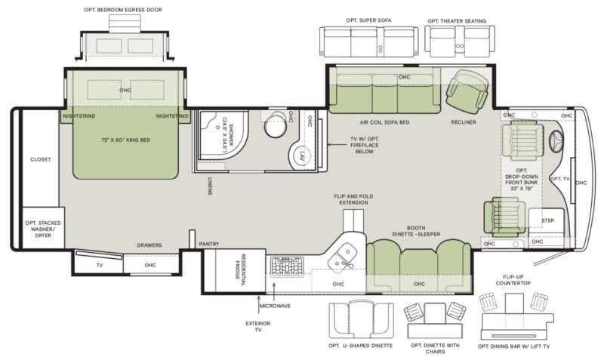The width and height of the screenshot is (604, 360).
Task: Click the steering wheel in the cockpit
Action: tap(556, 141)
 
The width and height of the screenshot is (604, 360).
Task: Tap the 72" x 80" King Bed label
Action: tap(125, 140)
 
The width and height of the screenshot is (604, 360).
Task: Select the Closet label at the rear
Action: tap(41, 159)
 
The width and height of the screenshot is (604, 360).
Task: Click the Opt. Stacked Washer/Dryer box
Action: tap(43, 228)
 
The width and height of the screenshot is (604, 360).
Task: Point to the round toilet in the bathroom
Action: tap(276, 125)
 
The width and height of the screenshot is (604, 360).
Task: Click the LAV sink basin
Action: tap(301, 156)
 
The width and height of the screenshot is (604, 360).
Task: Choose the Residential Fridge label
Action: tap(240, 270)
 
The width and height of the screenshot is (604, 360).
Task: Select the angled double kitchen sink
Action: tap(342, 257)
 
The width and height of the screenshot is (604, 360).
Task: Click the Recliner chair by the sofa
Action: tap(467, 90)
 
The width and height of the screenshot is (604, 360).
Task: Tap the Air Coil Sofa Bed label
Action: tap(384, 122)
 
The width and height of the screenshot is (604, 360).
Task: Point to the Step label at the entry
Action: tap(547, 220)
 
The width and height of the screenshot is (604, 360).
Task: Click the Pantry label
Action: tap(209, 244)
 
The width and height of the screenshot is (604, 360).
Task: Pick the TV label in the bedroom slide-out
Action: tap(100, 265)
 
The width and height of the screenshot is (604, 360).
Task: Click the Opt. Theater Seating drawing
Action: tap(460, 42)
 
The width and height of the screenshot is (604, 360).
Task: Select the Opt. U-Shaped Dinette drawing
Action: tap(361, 320)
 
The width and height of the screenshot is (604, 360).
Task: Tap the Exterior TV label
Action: tap(257, 327)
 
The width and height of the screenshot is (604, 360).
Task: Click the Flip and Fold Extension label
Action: tap(353, 199)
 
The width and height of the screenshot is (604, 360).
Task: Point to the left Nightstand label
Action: tap(79, 116)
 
